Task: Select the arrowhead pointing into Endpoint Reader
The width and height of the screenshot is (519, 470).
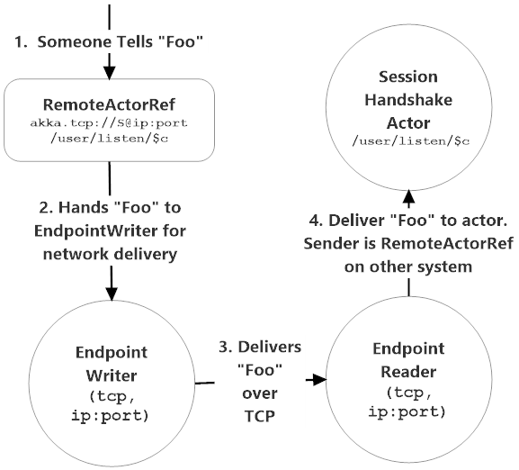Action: tap(317, 381)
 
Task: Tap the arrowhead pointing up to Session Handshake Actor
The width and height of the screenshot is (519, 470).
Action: tap(409, 195)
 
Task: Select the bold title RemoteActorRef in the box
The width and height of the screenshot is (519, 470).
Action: tap(110, 104)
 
